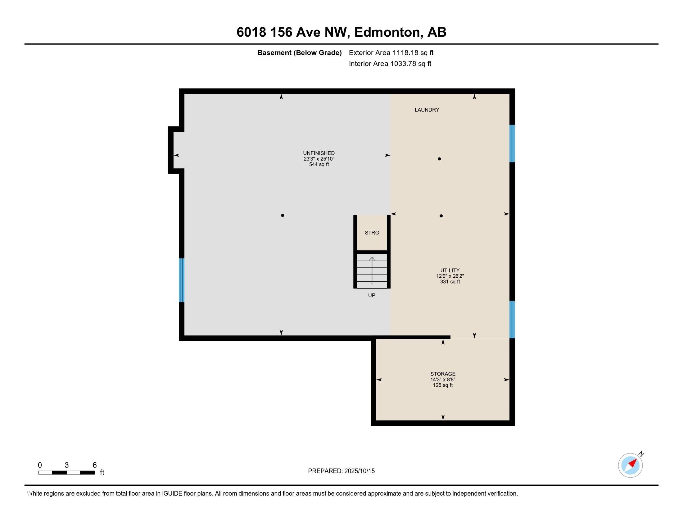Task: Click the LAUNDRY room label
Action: coord(427,110)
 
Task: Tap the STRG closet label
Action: coord(372,233)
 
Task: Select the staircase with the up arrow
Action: coord(372,271)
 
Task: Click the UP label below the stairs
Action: coord(372,295)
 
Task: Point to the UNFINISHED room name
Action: coord(319,153)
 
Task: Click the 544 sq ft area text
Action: coord(319,165)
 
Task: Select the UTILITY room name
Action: coord(450,271)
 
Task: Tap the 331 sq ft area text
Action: coord(450,282)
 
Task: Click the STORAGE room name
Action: coord(442,374)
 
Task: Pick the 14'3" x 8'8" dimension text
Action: coord(442,380)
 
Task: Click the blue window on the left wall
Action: coord(182,280)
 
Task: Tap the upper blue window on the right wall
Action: coord(512,143)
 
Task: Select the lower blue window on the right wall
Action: coord(512,319)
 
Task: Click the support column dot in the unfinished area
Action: coord(283,216)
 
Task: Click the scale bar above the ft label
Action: coord(67,473)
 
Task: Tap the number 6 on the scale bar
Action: coord(94,465)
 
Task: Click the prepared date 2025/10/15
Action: coord(359,471)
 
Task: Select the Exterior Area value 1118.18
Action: coord(405,53)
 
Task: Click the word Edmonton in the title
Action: coord(387,32)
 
